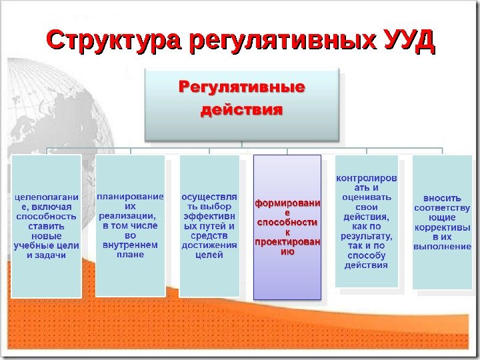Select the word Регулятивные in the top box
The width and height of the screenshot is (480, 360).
(x=241, y=87)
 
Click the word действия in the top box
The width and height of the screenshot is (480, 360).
(x=241, y=109)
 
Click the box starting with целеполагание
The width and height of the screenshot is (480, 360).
(x=46, y=226)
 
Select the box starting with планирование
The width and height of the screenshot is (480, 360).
(x=130, y=225)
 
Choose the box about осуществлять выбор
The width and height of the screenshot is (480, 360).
(x=209, y=225)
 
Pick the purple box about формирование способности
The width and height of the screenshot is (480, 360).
(x=287, y=227)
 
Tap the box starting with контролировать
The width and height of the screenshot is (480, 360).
(x=366, y=221)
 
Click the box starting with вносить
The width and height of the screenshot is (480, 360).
(x=442, y=222)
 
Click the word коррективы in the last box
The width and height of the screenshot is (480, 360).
(x=442, y=227)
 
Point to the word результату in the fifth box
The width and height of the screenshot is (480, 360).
(x=366, y=236)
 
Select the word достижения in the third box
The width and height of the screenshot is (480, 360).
(x=209, y=245)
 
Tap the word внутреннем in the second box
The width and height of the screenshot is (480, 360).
(x=130, y=245)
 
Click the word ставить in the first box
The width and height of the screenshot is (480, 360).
(x=46, y=226)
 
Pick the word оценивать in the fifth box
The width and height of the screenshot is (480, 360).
(x=366, y=197)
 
